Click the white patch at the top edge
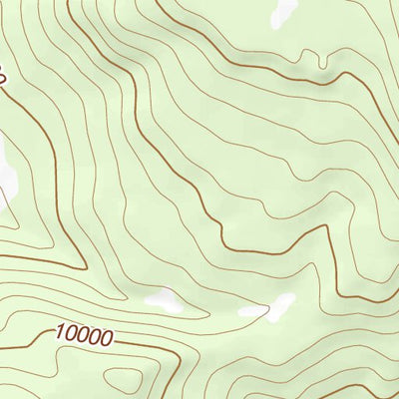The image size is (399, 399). [x=280, y=11]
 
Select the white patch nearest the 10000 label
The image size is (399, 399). [x=161, y=297]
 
